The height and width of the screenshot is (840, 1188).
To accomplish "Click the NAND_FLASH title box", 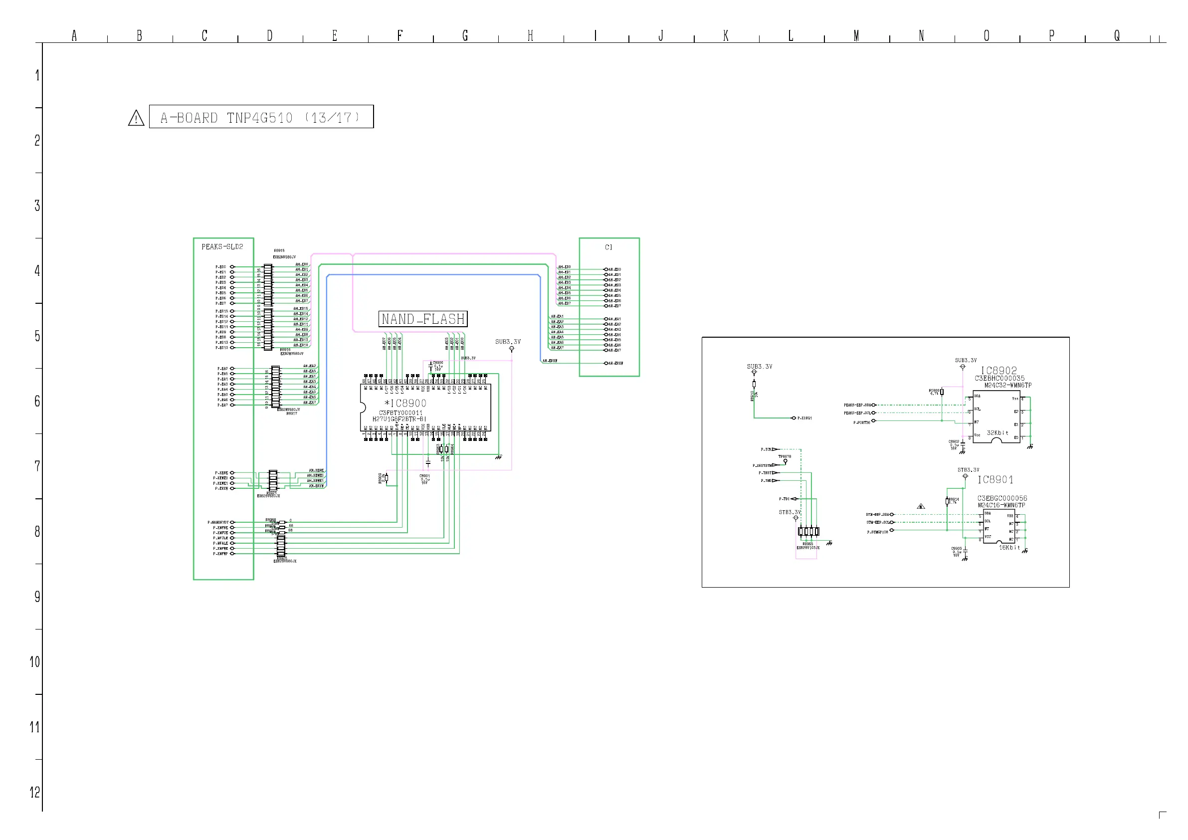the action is (423, 319).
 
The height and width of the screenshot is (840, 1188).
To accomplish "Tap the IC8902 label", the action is (998, 371).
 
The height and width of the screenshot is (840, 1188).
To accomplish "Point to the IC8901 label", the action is (995, 480).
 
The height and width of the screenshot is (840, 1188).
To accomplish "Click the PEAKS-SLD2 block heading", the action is (222, 247).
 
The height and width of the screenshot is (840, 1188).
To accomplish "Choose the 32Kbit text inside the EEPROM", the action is (997, 432).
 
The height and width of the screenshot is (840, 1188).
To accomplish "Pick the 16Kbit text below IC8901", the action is (1009, 548).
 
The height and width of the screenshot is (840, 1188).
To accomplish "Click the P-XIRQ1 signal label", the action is (804, 418).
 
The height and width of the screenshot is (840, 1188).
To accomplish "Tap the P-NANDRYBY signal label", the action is (218, 523).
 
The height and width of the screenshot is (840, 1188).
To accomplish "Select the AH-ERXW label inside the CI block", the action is (616, 363).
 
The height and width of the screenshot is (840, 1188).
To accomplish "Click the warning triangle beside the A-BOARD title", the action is (136, 118).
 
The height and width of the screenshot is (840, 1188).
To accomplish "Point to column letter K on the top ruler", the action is (726, 36).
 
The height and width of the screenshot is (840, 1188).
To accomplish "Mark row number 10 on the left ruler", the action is (35, 662).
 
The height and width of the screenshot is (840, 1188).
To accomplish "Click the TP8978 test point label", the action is (785, 456).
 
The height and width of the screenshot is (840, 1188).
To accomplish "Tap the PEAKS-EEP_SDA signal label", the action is (857, 405).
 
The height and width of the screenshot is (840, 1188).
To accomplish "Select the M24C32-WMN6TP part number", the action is (1007, 386).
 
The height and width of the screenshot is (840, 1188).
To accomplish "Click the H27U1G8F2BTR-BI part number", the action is (399, 419).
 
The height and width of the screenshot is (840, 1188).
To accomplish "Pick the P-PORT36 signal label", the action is (861, 422).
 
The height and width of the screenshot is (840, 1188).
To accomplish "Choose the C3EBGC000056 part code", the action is (1002, 498).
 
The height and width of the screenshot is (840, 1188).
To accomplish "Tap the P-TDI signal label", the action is (784, 499).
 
